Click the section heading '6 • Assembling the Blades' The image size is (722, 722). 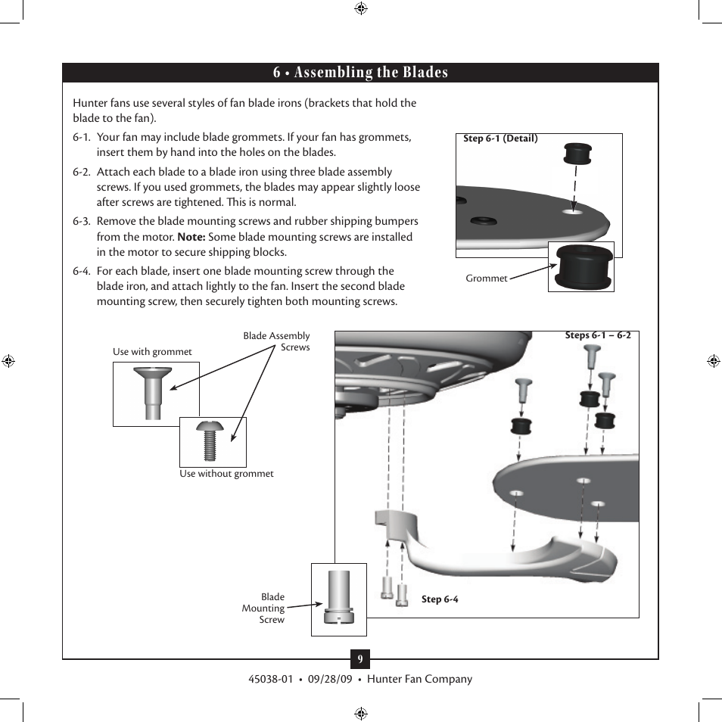[360, 73]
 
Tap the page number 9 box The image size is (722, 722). [360, 659]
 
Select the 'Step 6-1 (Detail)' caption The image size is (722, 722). [500, 138]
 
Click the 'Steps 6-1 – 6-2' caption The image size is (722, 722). [598, 335]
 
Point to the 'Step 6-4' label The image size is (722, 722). [440, 599]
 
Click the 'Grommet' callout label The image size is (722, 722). [486, 279]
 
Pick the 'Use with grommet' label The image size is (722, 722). [152, 352]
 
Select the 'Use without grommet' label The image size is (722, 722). [226, 474]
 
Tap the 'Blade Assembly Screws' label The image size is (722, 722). [277, 341]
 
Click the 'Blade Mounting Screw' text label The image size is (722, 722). [264, 608]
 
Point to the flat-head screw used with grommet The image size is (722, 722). [151, 391]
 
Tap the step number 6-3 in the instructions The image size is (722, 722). [82, 222]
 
